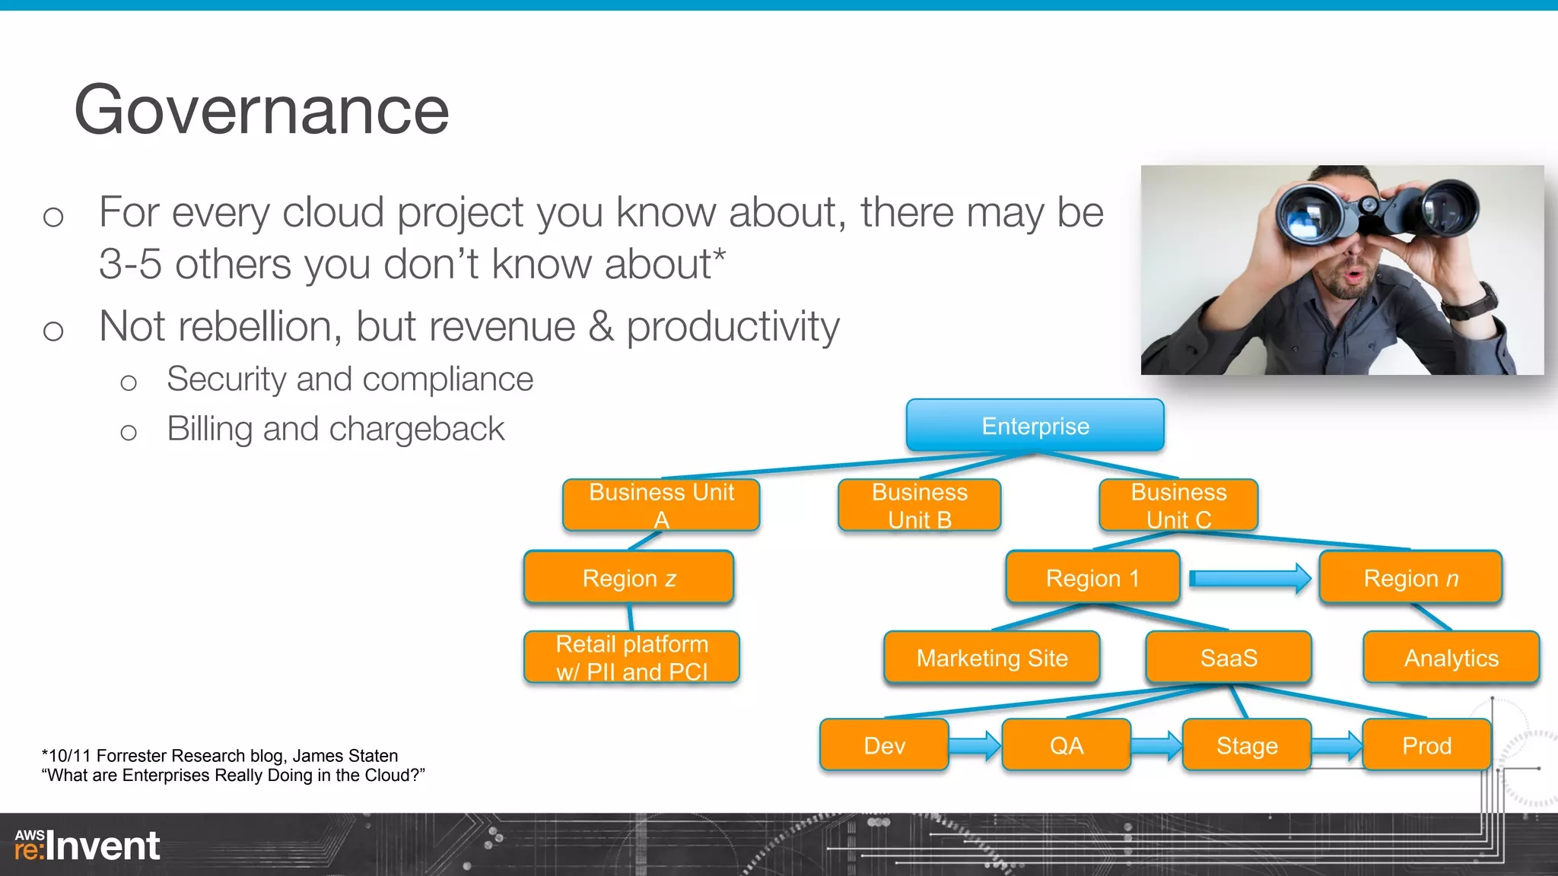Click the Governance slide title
[262, 111]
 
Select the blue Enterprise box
[1035, 426]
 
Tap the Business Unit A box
[661, 505]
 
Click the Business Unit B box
[919, 505]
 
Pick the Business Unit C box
[1178, 505]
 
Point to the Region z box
[628, 578]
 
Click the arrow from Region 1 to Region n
[1249, 579]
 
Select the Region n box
[1410, 578]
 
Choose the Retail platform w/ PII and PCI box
[631, 657]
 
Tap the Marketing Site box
[991, 657]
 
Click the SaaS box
[1228, 657]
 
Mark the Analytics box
[1451, 657]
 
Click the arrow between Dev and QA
[975, 745]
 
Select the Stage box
[1246, 745]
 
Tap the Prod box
[1426, 745]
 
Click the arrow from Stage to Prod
[1336, 745]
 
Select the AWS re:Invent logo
[87, 846]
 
